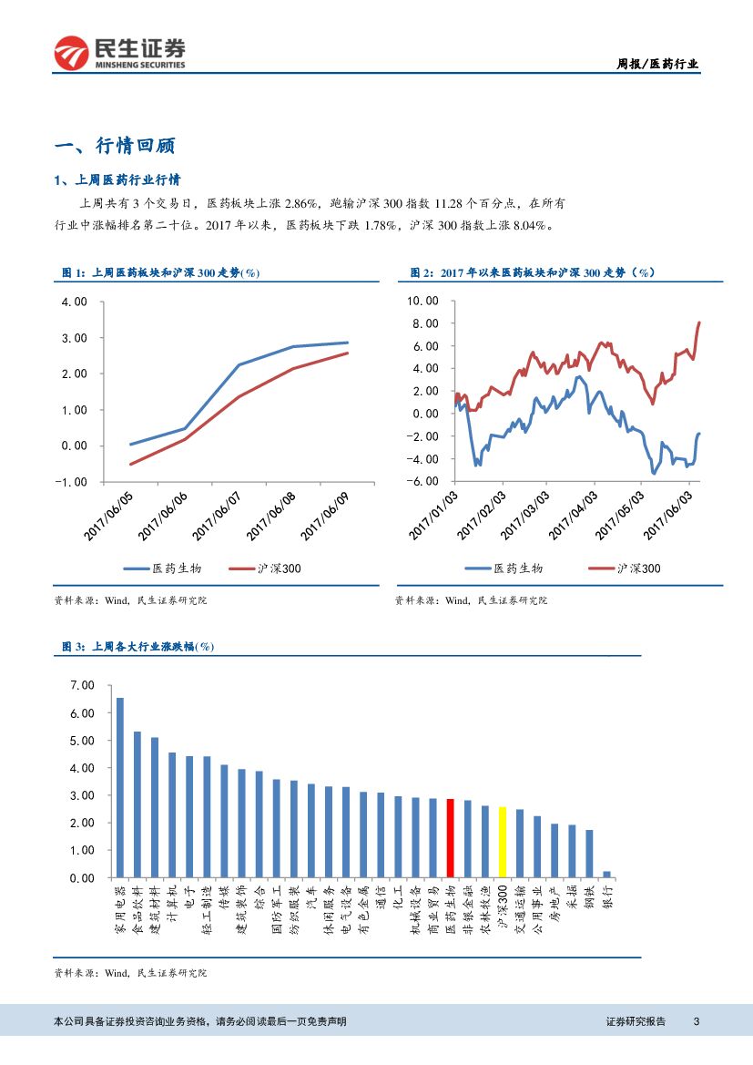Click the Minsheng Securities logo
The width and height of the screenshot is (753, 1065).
coord(120,53)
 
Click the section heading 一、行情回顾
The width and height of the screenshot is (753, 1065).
coord(115,146)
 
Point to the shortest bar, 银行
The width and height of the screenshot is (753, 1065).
coord(606,874)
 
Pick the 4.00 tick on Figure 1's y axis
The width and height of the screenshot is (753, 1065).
coord(75,302)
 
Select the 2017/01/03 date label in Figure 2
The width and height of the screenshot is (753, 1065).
coord(434,515)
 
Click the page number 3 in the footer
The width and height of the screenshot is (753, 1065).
coord(696,1021)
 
